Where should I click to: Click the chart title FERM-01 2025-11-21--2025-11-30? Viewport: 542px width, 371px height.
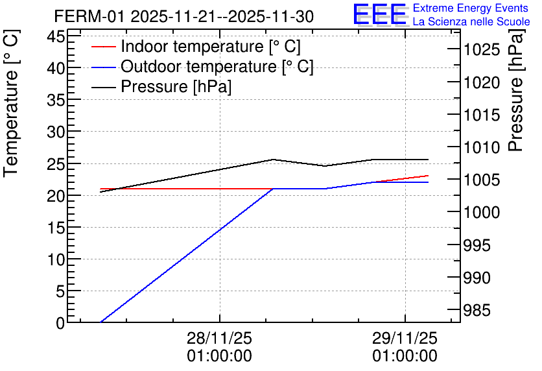(x=184, y=16)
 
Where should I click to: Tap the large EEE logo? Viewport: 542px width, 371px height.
(x=380, y=14)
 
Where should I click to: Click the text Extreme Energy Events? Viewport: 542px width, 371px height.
(x=471, y=8)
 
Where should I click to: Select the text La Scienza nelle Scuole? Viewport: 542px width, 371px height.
(x=471, y=22)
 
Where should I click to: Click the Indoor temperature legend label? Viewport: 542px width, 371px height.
(x=211, y=46)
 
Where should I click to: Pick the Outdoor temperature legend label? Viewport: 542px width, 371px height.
(x=217, y=66)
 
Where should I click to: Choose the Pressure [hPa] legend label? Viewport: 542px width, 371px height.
(x=176, y=86)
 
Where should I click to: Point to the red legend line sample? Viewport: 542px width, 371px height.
(x=103, y=46)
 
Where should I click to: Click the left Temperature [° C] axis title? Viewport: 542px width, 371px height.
(x=11, y=103)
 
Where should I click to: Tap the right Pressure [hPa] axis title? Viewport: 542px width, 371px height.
(x=515, y=90)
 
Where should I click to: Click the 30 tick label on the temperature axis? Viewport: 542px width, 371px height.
(x=56, y=132)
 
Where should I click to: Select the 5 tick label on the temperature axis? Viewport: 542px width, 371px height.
(x=60, y=291)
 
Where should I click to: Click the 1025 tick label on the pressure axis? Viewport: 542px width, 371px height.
(x=482, y=50)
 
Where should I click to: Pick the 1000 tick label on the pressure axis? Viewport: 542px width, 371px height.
(x=482, y=212)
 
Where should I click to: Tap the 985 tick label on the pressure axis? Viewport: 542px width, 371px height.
(x=477, y=310)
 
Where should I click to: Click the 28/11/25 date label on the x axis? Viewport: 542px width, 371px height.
(x=220, y=338)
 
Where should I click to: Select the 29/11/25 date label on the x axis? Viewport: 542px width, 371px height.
(x=405, y=338)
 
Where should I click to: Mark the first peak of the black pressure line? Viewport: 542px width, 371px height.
(x=273, y=160)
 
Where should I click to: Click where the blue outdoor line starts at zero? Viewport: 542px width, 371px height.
(x=100, y=322)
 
